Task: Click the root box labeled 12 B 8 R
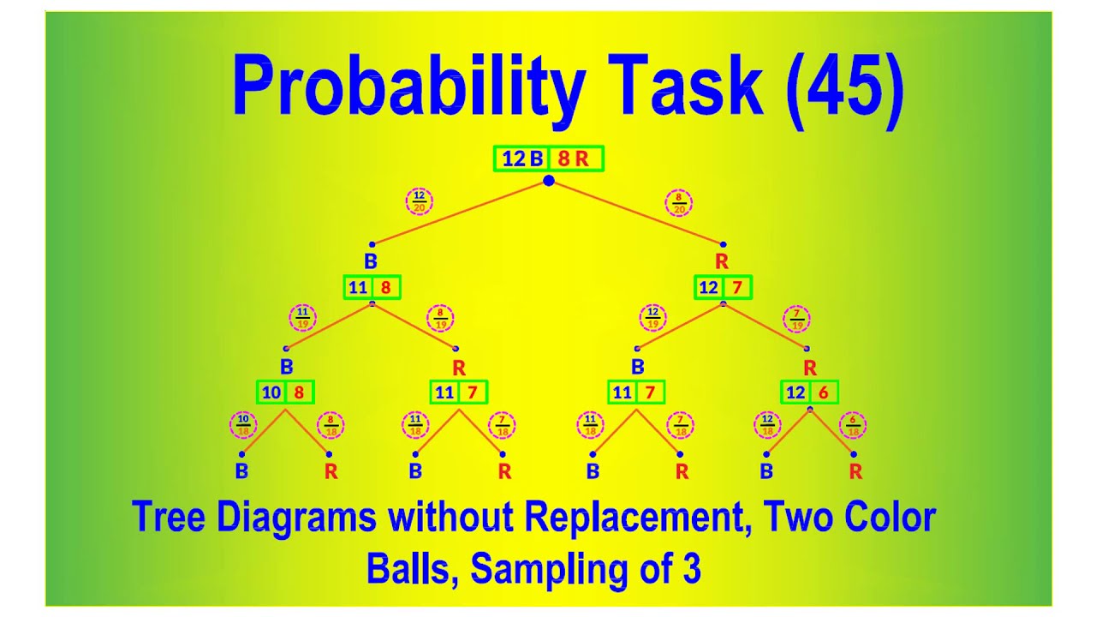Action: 549,159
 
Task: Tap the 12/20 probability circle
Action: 419,202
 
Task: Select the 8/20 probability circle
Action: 678,202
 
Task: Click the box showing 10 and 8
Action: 285,392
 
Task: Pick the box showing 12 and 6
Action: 809,392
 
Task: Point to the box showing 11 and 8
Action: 372,288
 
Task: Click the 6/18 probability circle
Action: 853,424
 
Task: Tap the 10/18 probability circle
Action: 243,424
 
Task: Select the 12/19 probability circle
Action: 652,318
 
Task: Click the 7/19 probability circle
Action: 797,320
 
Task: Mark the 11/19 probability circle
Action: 302,318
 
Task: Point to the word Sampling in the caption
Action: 575,568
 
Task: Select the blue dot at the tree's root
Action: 549,180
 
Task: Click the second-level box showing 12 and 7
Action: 723,288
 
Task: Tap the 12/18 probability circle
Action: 766,424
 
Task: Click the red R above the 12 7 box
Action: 722,261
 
